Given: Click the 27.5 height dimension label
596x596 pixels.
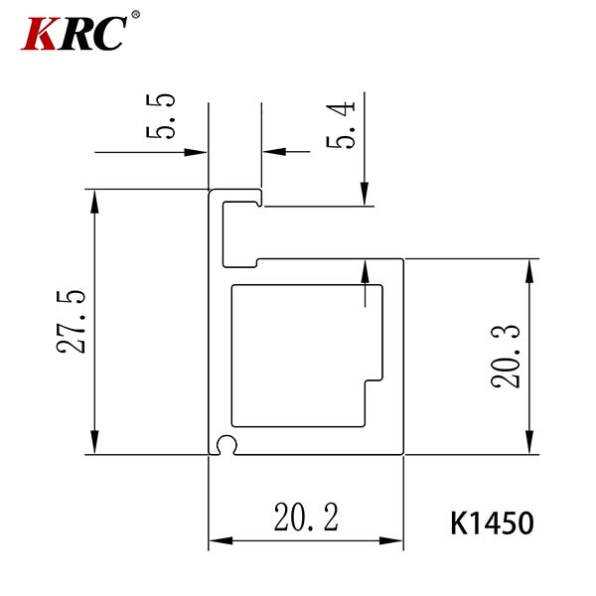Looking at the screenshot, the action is [72, 322].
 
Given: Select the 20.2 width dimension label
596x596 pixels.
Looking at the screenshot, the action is [306, 517].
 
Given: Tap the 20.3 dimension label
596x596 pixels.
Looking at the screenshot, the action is [506, 357].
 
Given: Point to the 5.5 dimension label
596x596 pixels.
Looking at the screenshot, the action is [160, 115].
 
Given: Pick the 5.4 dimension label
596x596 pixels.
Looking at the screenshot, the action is [341, 125].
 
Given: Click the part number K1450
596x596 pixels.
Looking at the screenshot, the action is [493, 523].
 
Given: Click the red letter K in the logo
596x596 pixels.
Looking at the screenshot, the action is [42, 34].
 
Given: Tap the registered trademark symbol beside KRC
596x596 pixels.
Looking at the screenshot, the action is [135, 15].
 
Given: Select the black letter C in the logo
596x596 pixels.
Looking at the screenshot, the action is [108, 34].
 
